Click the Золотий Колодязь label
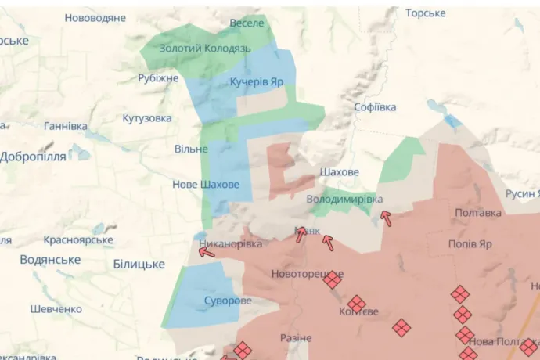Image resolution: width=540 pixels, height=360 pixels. (205, 49)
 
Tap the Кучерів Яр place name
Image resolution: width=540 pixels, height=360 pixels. (256, 81)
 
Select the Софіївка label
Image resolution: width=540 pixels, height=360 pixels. (375, 107)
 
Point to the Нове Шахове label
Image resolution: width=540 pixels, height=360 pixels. (206, 185)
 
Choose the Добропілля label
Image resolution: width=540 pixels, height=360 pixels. (33, 157)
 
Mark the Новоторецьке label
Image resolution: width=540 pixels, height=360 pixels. (307, 274)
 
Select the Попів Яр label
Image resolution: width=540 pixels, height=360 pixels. (470, 244)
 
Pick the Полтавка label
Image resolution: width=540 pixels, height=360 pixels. (477, 213)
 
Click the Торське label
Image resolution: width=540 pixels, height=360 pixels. (426, 13)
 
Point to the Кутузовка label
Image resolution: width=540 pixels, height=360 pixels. (147, 118)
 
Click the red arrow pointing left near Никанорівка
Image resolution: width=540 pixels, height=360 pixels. (207, 250)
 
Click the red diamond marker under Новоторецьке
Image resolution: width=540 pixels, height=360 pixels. (333, 279)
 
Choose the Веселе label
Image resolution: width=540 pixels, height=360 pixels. (247, 23)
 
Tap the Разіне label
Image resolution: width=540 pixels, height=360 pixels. (296, 338)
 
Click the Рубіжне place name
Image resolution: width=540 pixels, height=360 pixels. (158, 78)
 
